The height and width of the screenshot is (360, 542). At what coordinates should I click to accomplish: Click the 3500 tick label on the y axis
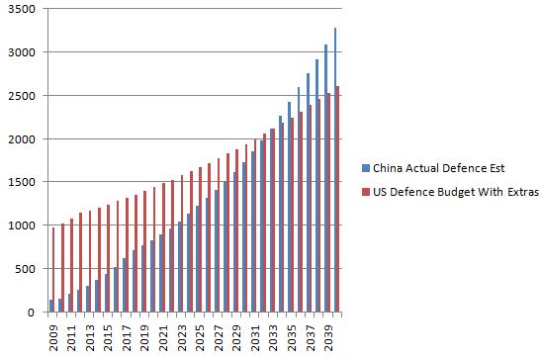[21, 9]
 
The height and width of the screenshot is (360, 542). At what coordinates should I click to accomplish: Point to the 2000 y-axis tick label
[21, 139]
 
